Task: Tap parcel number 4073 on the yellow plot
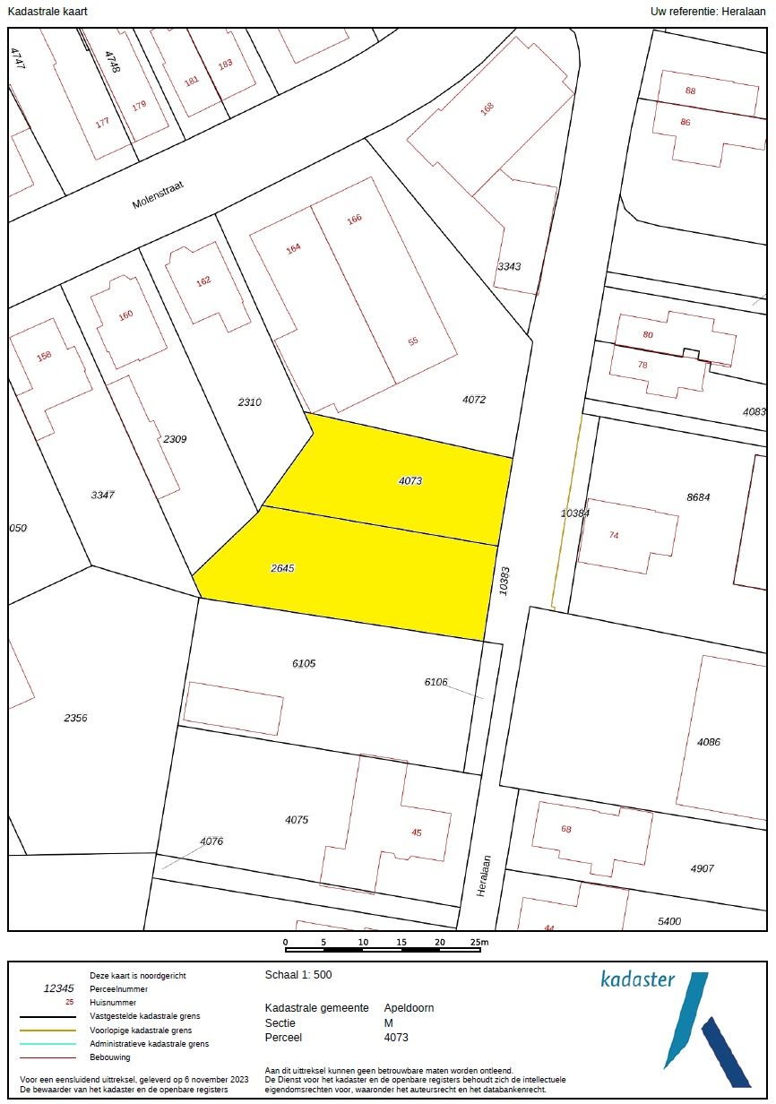[410, 481]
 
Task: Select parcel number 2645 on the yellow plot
[282, 568]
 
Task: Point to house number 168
[487, 108]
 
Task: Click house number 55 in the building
[413, 341]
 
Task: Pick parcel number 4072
[474, 400]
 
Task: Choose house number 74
[614, 535]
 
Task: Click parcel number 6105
[304, 663]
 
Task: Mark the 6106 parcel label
[436, 682]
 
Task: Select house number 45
[416, 832]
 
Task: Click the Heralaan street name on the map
[484, 875]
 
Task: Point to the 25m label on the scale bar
[479, 942]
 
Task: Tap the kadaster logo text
[637, 979]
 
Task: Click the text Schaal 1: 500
[299, 975]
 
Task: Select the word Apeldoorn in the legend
[409, 1007]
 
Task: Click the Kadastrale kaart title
[47, 11]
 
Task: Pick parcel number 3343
[510, 266]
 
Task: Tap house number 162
[203, 280]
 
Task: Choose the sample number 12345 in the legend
[59, 988]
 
